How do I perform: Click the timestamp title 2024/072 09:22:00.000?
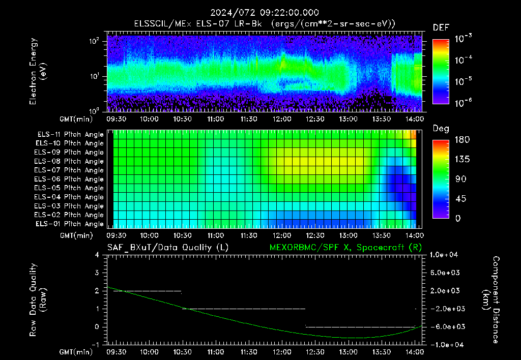point(265,13)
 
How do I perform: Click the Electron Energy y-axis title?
point(37,71)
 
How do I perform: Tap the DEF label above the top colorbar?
point(441,27)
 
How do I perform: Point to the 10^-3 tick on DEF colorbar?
point(463,39)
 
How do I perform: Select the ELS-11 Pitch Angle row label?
point(70,135)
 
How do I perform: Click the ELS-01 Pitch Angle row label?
point(70,224)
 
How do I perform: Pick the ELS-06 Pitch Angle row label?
point(69,179)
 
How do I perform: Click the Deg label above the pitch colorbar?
point(441,129)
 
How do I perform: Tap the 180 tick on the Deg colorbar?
point(462,139)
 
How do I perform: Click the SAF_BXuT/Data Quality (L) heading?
point(168,248)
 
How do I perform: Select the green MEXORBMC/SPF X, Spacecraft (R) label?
point(345,248)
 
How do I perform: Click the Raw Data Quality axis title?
point(37,300)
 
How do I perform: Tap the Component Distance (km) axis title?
point(491,300)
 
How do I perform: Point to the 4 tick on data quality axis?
point(97,255)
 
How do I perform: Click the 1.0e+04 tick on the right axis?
point(444,255)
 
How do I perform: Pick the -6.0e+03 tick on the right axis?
point(445,327)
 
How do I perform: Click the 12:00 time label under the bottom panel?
point(282,352)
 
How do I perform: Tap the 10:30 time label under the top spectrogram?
point(182,119)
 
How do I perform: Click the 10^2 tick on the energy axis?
point(94,41)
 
